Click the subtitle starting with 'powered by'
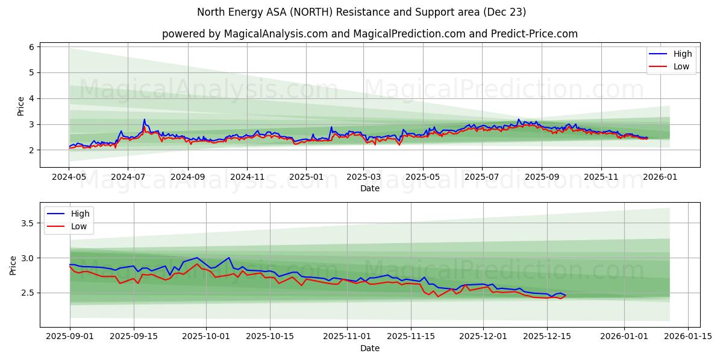pos(369,34)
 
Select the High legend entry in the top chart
pos(683,54)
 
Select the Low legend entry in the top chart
pos(681,66)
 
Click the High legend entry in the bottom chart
pos(80,214)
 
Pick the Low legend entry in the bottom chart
pos(79,226)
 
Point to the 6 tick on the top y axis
pos(31,46)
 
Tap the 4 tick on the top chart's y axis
pos(31,98)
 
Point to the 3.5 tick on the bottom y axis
pos(27,223)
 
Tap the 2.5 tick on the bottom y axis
pos(27,293)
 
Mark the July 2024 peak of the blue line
pos(144,119)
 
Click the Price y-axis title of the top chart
pos(21,106)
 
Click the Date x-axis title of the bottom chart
pos(369,349)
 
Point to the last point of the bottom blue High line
pos(565,295)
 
